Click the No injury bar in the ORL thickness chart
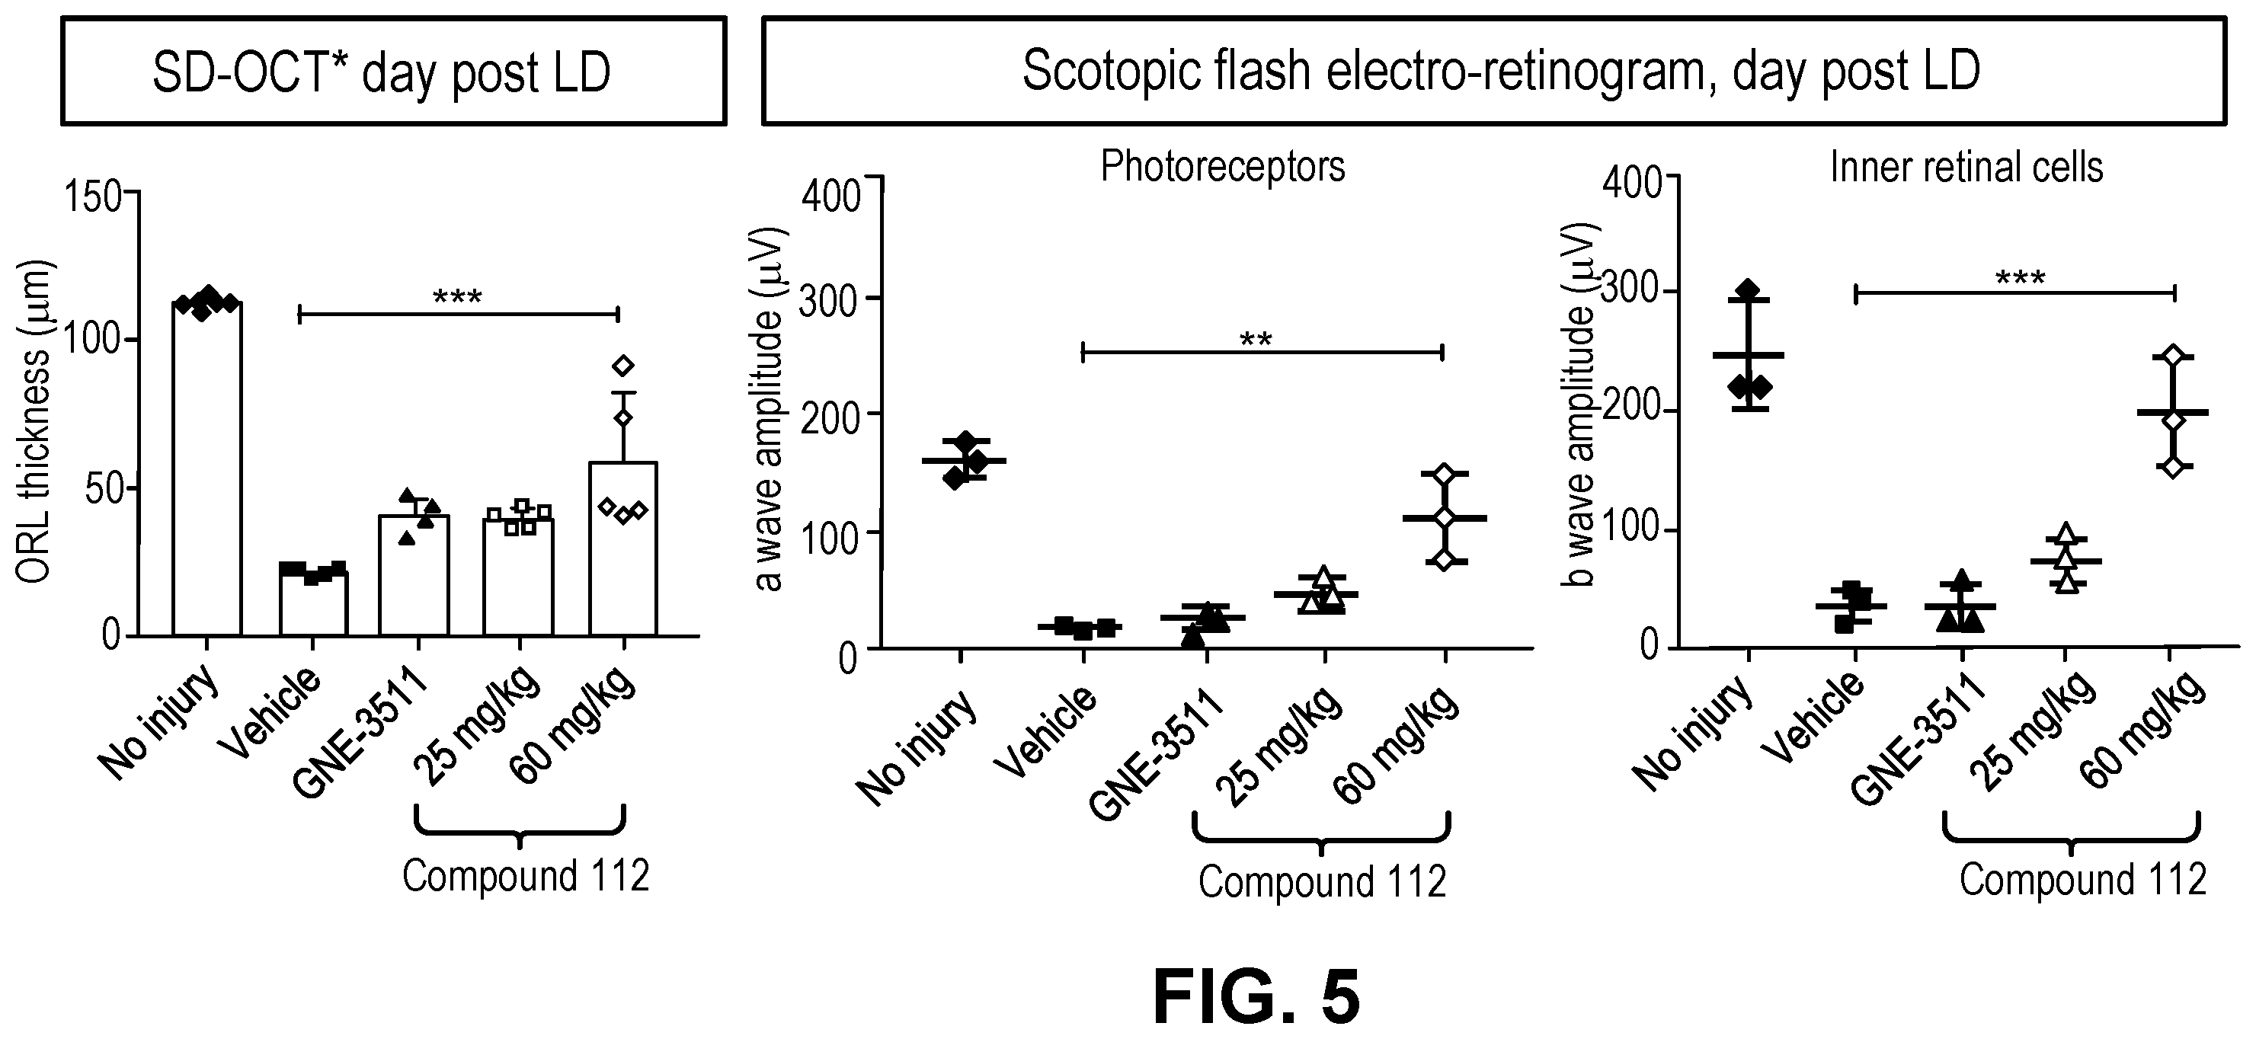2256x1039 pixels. pos(206,468)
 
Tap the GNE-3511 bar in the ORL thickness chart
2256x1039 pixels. pos(414,575)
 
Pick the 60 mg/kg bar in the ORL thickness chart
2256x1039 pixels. pos(622,548)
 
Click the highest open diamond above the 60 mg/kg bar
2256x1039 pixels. pos(622,365)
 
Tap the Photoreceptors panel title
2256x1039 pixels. pos(1223,166)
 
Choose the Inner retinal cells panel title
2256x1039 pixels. pos(1966,167)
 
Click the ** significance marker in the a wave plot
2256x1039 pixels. pos(1256,339)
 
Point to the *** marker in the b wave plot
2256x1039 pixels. pos(2021,278)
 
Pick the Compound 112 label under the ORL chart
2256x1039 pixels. pos(526,875)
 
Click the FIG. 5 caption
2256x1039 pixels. pos(1256,997)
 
